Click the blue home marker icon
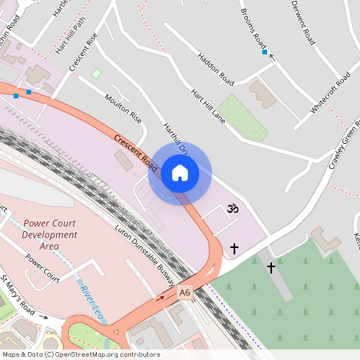click(180, 172)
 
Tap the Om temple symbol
click(234, 208)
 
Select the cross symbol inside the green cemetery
click(271, 267)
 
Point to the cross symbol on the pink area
click(234, 249)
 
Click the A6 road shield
click(186, 294)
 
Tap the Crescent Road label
click(135, 151)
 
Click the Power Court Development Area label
click(50, 234)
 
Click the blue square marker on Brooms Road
click(265, 52)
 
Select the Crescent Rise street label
click(83, 52)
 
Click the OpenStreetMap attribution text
click(80, 354)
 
